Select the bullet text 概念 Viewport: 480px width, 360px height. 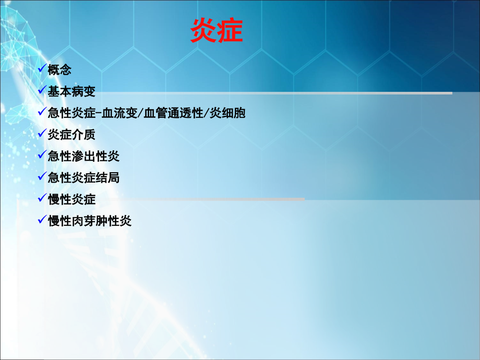[59, 70]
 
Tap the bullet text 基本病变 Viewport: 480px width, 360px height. [71, 91]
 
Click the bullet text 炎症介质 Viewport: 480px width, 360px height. [71, 135]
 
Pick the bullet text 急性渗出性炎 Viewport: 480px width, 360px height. [83, 156]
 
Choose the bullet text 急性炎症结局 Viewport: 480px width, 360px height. [83, 178]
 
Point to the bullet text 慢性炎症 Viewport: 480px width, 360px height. [71, 199]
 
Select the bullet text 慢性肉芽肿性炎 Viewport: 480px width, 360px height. [89, 221]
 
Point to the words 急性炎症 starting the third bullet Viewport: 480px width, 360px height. [71, 113]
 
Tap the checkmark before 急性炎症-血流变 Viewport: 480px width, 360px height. [42, 112]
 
